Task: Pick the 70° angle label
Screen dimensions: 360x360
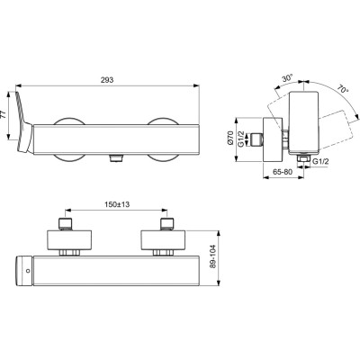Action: click(343, 91)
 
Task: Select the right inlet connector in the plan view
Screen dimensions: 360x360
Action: click(166, 225)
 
